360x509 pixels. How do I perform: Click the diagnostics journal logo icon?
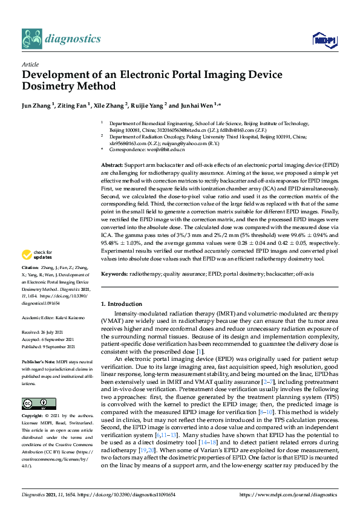(31, 38)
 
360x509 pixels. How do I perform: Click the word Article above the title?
(30, 64)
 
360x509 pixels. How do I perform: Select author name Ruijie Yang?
(148, 105)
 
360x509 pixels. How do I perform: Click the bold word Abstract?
(113, 165)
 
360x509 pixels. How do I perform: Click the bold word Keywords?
(114, 274)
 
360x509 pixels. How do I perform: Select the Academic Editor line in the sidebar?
(50, 316)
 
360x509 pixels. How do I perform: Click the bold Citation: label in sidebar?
(30, 284)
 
